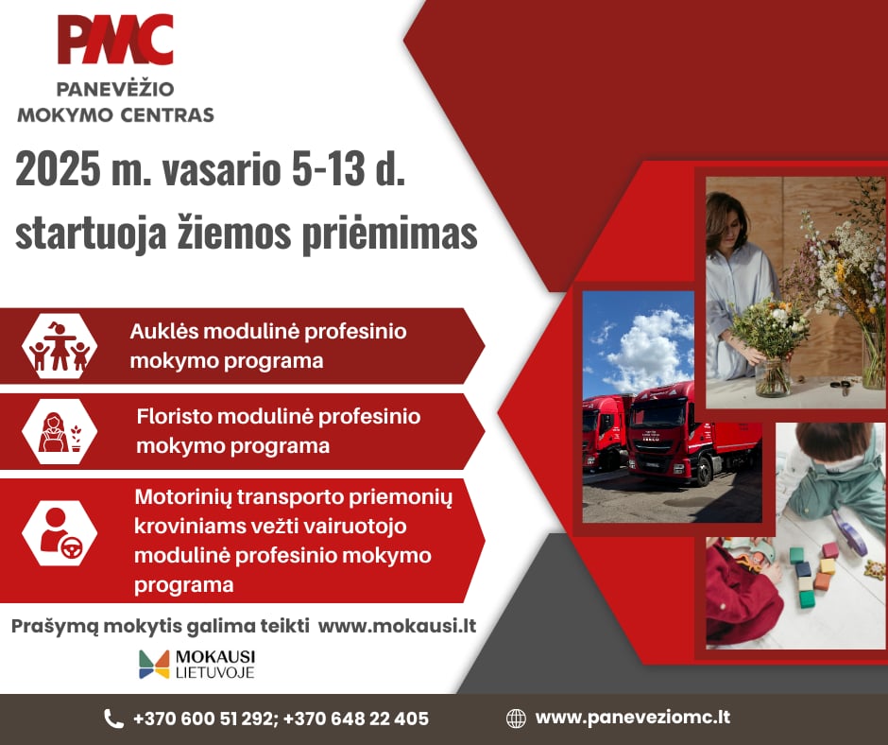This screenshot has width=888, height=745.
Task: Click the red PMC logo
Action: click(x=115, y=40)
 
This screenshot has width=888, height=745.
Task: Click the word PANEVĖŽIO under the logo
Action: click(x=115, y=89)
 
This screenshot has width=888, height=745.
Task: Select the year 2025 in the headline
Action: click(x=58, y=168)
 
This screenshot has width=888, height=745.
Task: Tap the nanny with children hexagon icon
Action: click(x=60, y=346)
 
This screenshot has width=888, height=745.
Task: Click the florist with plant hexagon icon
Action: click(x=60, y=432)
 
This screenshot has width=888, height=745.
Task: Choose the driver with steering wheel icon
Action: click(x=60, y=533)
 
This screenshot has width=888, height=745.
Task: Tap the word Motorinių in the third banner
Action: click(x=183, y=497)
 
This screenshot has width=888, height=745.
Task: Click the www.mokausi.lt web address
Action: click(x=397, y=626)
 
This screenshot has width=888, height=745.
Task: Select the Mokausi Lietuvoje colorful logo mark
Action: click(x=154, y=664)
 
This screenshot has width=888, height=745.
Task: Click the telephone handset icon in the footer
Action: click(x=113, y=719)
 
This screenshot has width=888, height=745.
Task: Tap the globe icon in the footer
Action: click(x=516, y=719)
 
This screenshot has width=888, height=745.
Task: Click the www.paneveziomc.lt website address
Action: click(x=633, y=718)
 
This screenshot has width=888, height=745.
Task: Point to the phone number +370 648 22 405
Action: click(x=355, y=719)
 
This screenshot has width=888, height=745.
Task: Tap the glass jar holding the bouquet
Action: click(x=772, y=374)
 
